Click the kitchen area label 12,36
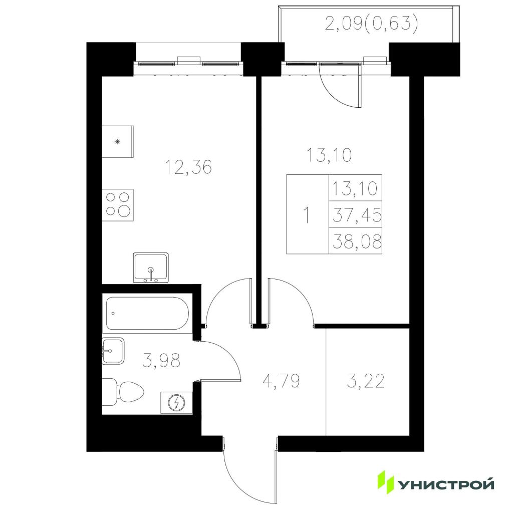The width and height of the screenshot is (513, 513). [188, 167]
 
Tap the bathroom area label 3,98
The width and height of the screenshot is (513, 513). [162, 360]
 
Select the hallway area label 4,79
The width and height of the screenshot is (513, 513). [282, 381]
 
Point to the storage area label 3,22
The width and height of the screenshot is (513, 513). [365, 381]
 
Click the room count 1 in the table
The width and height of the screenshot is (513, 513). [307, 215]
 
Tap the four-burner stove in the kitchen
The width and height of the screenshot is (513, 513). [118, 205]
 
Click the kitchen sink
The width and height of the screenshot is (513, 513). [151, 268]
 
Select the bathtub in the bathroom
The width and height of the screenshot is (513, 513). [147, 314]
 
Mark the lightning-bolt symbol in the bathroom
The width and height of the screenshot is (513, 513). [177, 403]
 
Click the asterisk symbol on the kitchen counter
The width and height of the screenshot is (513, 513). [117, 142]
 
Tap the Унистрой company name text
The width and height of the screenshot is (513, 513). [446, 484]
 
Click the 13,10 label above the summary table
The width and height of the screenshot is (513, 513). [329, 155]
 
